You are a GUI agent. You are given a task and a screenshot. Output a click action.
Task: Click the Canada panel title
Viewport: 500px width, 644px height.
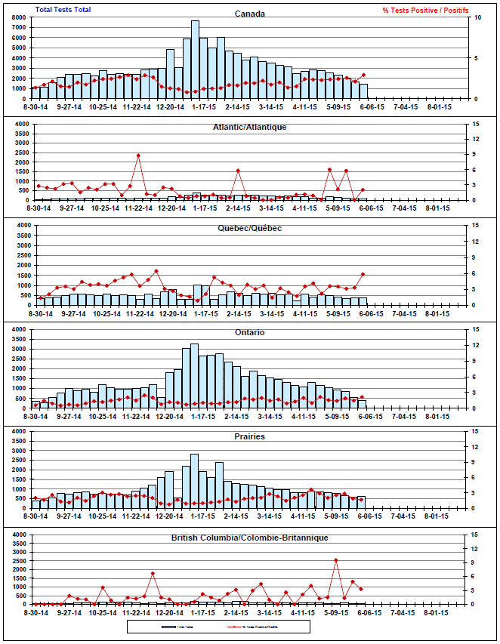point(249,14)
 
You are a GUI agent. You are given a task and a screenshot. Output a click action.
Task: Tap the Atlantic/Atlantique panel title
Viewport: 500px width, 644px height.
point(249,127)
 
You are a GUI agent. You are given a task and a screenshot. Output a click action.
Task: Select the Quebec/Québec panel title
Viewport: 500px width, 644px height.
point(249,228)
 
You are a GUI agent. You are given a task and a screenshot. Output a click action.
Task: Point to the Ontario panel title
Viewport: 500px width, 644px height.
point(249,332)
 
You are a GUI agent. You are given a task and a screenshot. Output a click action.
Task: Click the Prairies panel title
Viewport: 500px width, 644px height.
point(249,436)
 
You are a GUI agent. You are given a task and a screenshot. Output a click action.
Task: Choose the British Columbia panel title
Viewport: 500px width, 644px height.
point(249,538)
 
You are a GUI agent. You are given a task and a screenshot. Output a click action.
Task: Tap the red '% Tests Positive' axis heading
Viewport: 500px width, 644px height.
point(425,10)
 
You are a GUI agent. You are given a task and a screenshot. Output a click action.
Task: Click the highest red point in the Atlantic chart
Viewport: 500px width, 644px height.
point(138,156)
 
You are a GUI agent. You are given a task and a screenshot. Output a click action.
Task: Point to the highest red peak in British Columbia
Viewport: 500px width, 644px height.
point(336,560)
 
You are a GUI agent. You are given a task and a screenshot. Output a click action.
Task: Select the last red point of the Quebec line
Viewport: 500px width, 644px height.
point(363,274)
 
